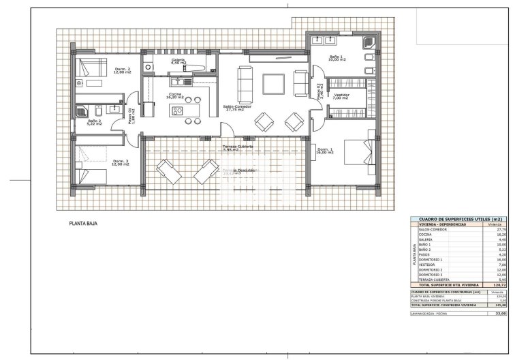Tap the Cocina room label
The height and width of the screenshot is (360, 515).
(175, 95)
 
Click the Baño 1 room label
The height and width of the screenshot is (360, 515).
(337, 59)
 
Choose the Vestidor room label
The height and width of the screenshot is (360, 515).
(341, 96)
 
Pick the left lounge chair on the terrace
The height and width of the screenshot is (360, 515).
(167, 171)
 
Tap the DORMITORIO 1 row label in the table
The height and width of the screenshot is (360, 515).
(431, 260)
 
